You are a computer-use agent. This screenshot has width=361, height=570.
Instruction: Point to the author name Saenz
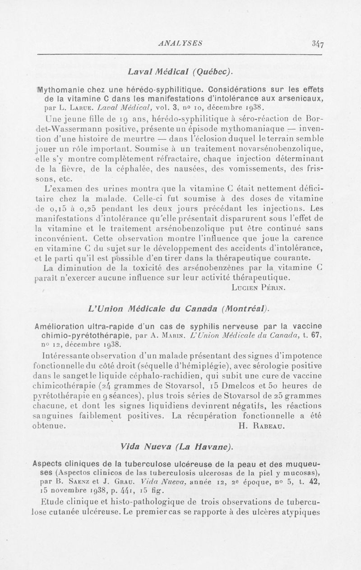[x=75, y=482]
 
